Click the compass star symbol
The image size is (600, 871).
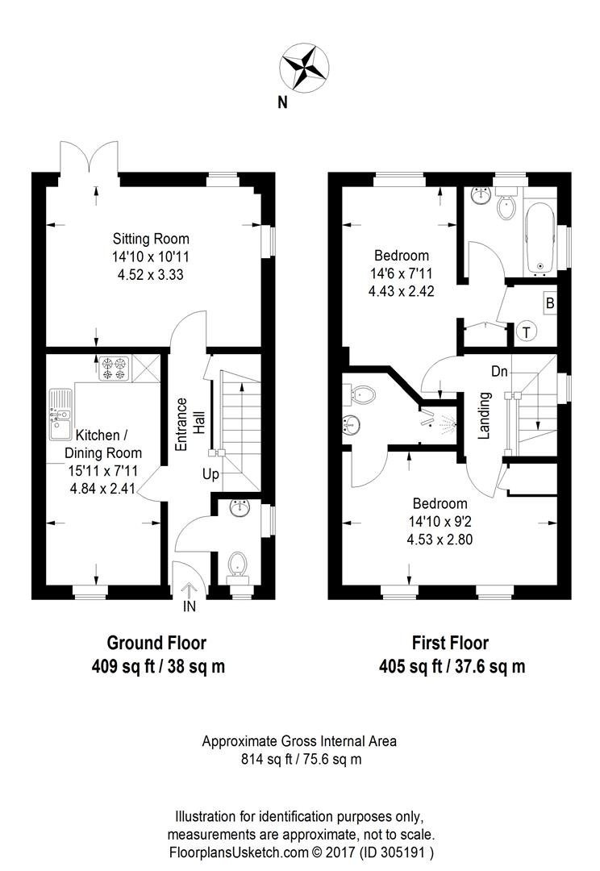coord(305,68)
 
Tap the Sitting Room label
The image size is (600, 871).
coord(151,239)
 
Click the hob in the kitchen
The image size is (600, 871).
coord(114,368)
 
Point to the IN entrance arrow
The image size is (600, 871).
coord(190,590)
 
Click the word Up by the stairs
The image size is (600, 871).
coord(210,474)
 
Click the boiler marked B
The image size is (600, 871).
coord(550,303)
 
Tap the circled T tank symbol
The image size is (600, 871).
coord(526,332)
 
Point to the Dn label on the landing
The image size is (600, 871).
coord(499,371)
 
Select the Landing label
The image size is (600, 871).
coord(485,415)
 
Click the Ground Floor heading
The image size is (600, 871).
coord(156,644)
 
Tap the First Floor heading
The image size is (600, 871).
coord(451,644)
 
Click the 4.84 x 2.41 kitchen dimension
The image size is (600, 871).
coord(102,490)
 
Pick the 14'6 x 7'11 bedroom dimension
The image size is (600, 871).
coord(401,273)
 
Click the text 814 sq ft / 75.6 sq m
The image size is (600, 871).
coord(301,759)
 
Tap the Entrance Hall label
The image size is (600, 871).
coord(189,424)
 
